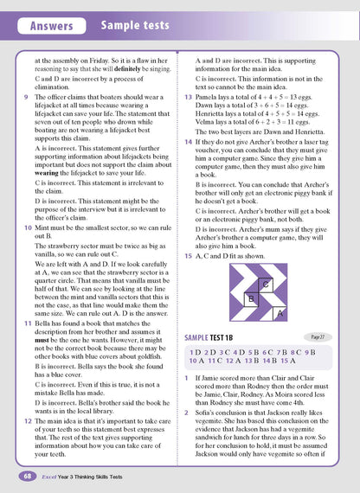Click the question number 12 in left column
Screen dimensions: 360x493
click(28, 410)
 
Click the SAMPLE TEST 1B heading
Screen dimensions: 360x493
click(218, 336)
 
